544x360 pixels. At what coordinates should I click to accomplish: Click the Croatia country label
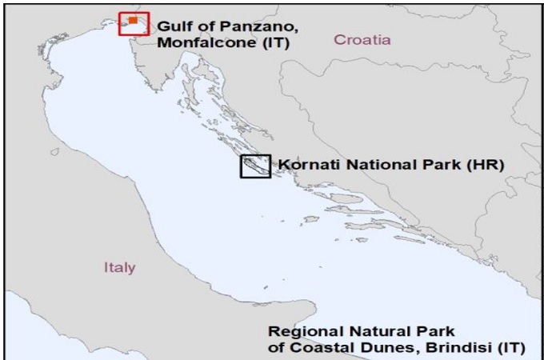362,39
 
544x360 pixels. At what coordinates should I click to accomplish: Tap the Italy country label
120,266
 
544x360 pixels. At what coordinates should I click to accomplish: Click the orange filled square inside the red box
133,20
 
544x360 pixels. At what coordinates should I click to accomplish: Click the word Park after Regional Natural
435,331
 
